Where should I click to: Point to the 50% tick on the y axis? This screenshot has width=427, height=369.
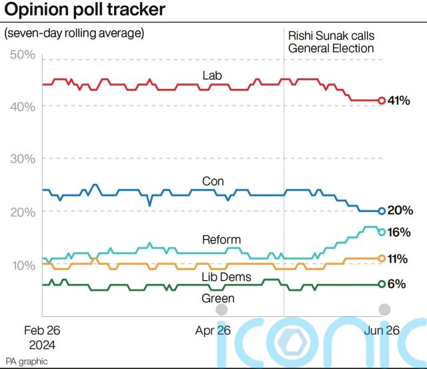(23, 54)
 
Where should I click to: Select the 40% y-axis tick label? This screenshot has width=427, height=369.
(23, 107)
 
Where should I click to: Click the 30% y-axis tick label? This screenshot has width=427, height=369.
(23, 159)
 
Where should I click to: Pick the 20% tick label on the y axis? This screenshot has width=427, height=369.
(23, 212)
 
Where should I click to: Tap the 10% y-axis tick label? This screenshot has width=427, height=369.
(23, 265)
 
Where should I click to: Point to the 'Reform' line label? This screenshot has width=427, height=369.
(221, 239)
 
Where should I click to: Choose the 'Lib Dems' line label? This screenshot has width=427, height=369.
(222, 276)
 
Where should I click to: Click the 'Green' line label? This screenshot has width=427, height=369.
(218, 298)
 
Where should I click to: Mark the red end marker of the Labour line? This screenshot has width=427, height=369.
(382, 100)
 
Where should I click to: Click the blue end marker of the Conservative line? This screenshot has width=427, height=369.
(382, 211)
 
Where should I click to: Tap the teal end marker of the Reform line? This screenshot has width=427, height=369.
(382, 232)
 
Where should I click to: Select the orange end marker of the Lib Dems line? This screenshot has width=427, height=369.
(382, 258)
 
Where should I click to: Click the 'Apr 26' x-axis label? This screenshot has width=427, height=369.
(213, 330)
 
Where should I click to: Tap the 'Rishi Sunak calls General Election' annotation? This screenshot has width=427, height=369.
(331, 41)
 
